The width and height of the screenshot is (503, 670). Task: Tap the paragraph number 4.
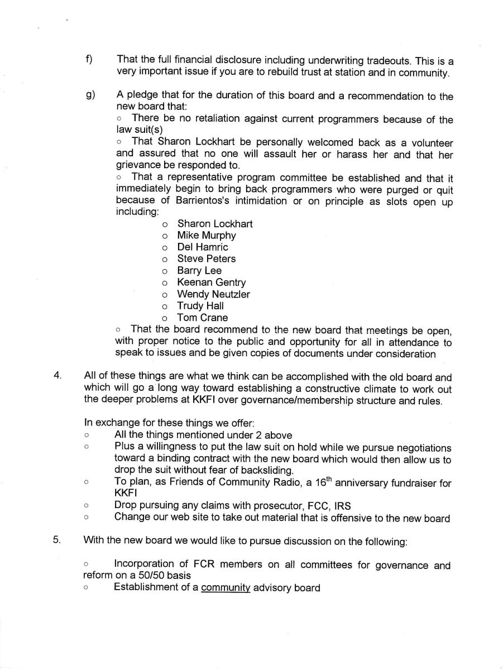(x=58, y=375)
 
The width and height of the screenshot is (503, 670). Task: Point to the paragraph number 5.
(x=58, y=539)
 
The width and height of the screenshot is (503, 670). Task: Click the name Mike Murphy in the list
(x=207, y=235)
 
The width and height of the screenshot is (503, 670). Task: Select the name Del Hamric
(x=203, y=247)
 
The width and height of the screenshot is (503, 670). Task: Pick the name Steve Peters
(x=207, y=259)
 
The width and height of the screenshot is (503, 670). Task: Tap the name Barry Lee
(x=199, y=270)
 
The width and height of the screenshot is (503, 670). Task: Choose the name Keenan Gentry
(x=211, y=283)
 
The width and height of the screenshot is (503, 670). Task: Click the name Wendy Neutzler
(x=213, y=294)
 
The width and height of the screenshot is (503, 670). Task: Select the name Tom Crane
(x=203, y=318)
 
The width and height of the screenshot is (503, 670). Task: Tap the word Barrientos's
(x=187, y=201)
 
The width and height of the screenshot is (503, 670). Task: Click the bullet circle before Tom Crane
(x=165, y=318)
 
